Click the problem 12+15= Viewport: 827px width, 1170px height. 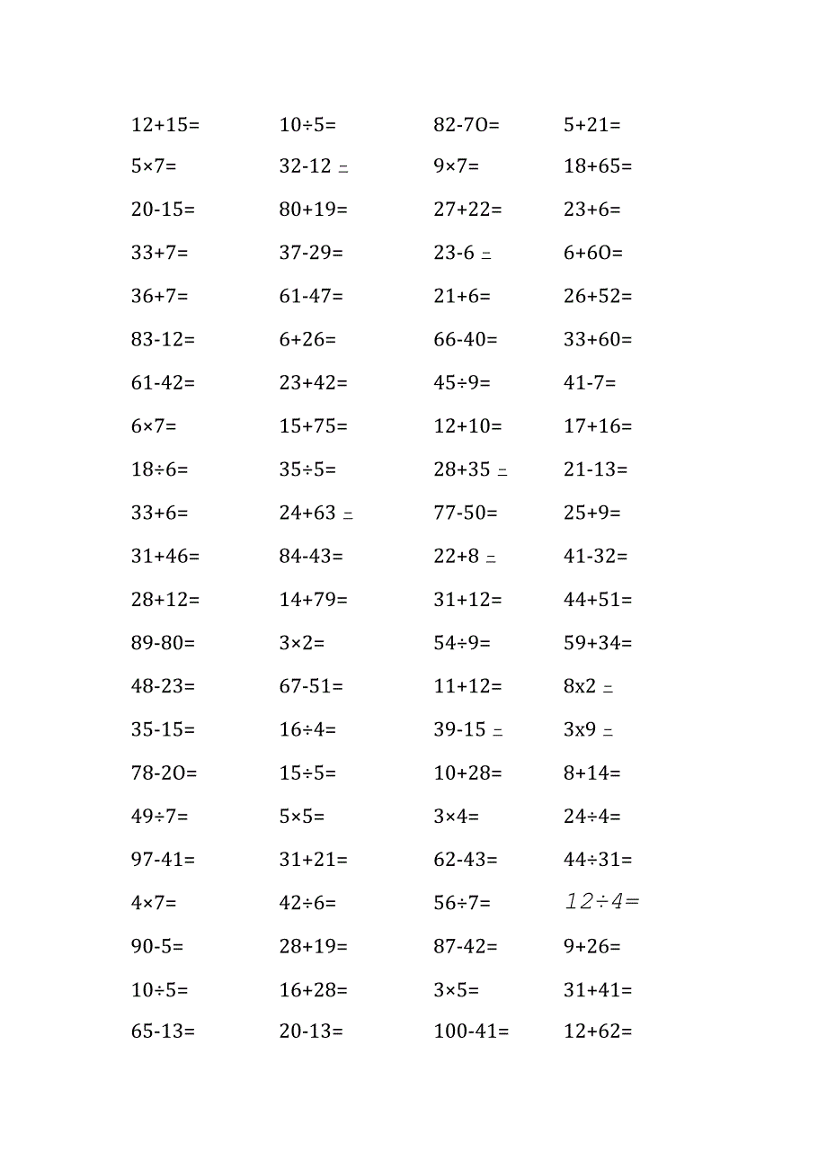pos(165,125)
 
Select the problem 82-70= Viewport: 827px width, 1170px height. pos(467,125)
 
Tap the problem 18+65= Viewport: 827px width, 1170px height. pos(598,166)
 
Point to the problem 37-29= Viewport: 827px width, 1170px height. pos(311,253)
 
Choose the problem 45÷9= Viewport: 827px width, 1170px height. pos(462,383)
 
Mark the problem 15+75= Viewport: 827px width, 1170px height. pos(313,426)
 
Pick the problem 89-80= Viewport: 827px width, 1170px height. pos(163,643)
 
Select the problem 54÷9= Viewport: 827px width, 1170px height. pos(462,643)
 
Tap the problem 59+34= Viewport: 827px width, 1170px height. pos(598,643)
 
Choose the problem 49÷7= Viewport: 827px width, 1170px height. pos(160,817)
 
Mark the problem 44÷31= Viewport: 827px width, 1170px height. pos(598,860)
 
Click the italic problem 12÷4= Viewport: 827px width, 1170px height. pos(601,901)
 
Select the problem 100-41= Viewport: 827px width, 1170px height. pos(471,1032)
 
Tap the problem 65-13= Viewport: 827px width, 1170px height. pos(163,1032)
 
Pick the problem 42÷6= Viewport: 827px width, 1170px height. pos(307,903)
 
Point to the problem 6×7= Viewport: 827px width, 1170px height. pos(154,426)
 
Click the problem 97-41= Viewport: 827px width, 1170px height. pos(163,860)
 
